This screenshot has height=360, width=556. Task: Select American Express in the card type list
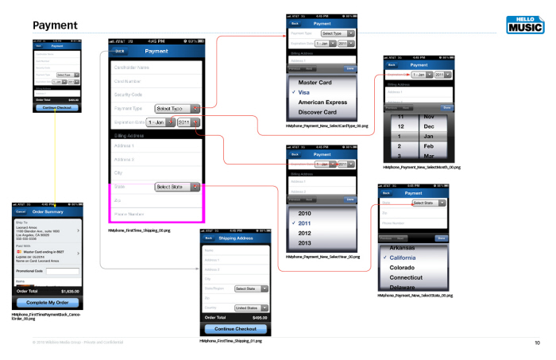tap(323, 102)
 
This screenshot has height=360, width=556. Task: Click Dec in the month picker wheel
tap(428, 126)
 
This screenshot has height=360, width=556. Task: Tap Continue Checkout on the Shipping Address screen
tap(235, 328)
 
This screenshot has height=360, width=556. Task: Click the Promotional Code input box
tap(63, 272)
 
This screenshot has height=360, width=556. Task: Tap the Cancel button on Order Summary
tap(20, 211)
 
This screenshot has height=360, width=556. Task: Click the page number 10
tap(537, 343)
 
